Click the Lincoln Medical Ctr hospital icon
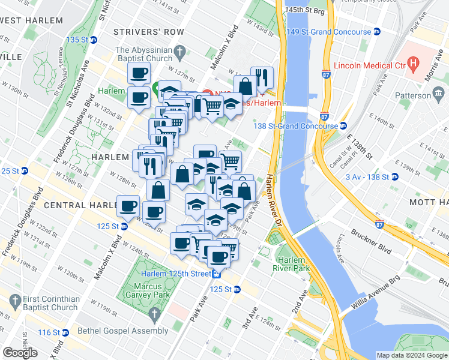(x=412, y=62)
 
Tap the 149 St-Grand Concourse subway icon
(x=377, y=32)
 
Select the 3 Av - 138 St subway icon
(x=395, y=177)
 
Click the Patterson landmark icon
(x=438, y=94)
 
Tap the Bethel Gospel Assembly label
(x=123, y=331)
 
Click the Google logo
(x=20, y=353)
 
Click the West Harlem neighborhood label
(x=31, y=20)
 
